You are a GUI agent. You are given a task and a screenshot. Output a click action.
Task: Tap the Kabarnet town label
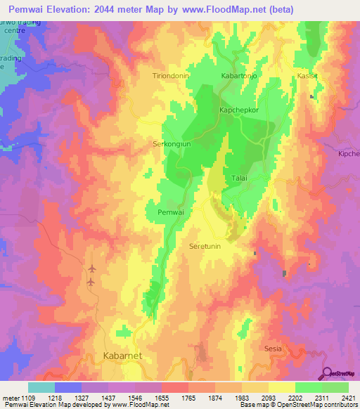coord(122,356)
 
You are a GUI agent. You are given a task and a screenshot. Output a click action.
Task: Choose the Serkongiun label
coord(173,144)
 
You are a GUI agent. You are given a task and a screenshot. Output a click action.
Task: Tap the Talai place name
coord(239,179)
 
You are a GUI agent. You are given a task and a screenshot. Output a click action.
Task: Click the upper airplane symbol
coord(91,268)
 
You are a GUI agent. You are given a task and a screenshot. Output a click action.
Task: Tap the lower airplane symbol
coord(91,282)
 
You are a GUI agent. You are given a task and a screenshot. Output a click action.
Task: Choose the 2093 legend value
coord(267,398)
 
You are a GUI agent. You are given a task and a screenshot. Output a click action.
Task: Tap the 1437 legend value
coord(105,398)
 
